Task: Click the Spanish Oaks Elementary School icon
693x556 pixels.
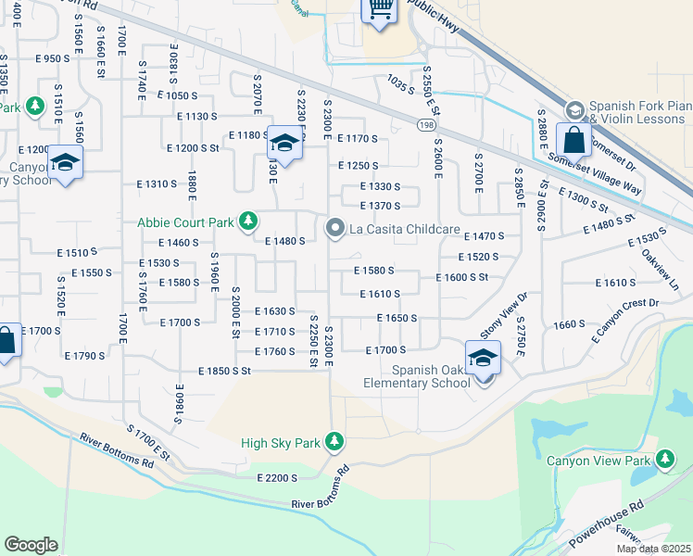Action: tap(483, 359)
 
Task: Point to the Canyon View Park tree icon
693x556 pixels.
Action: tap(664, 460)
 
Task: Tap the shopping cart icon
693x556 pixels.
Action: tap(379, 8)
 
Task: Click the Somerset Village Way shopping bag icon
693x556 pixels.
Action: tap(574, 141)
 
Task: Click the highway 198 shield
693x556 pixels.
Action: tap(426, 122)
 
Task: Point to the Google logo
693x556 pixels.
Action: tap(31, 545)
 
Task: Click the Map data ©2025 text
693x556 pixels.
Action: tap(652, 549)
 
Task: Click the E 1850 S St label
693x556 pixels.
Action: tap(224, 371)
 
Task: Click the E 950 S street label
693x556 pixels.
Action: tap(51, 58)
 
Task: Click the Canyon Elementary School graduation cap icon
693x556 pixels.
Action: tap(65, 163)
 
